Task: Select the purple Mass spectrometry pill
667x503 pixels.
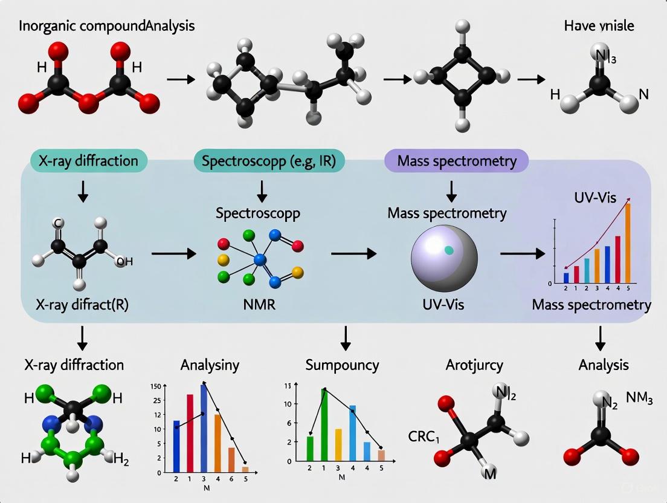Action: coord(456,161)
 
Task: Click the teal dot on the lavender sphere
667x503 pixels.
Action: coord(449,250)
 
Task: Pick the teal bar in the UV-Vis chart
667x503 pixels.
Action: coord(587,270)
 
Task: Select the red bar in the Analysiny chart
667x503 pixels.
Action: coord(190,432)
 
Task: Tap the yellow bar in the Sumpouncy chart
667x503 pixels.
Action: coord(338,444)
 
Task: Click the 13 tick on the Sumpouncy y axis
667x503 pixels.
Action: coord(288,386)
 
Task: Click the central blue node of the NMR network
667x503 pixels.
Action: coord(260,259)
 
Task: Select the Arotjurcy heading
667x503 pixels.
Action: coord(474,365)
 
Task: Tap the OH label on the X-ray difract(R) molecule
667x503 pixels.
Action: coord(125,261)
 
